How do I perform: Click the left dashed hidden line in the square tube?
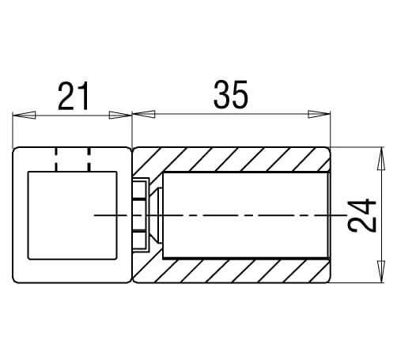(x=57, y=159)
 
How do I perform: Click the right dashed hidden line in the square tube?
(x=89, y=159)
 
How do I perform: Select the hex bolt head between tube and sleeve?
(x=140, y=214)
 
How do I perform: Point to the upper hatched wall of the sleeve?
(x=237, y=159)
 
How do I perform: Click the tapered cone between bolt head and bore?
(x=157, y=214)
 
